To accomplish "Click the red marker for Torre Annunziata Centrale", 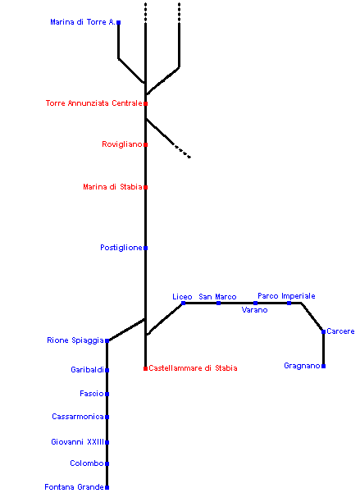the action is [145, 103].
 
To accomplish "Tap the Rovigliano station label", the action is [122, 144].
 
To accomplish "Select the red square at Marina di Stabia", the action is [145, 187].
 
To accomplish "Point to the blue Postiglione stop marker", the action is [145, 248].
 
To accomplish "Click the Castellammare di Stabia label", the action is [193, 368].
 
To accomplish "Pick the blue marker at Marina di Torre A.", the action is [118, 22].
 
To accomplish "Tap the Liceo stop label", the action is [182, 297].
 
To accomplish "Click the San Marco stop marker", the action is [219, 303].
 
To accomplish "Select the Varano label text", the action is [254, 310].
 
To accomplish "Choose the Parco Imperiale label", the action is [286, 296].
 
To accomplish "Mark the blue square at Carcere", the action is [324, 331].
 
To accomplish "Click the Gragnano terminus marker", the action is [324, 366].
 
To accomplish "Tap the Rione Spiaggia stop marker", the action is [107, 341].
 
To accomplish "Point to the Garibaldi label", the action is [88, 370].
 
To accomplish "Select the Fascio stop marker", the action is [107, 394].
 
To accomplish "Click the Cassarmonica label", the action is [78, 417].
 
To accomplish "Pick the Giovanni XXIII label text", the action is [77, 442].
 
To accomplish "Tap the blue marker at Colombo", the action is [107, 463].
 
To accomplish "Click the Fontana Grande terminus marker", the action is [107, 487].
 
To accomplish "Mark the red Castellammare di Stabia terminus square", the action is [145, 368].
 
